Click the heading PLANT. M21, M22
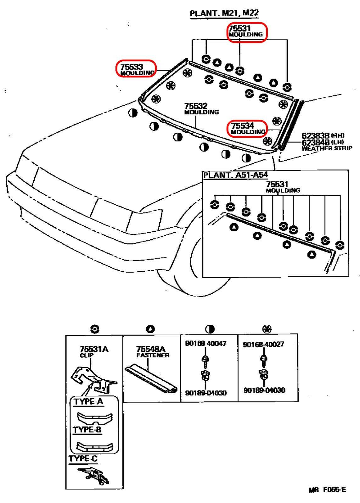click(x=224, y=14)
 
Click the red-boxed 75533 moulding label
click(x=136, y=69)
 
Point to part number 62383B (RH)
click(x=323, y=136)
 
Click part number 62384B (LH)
click(x=323, y=142)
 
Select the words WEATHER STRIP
click(x=327, y=148)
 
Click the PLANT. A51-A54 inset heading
click(x=235, y=175)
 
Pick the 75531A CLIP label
click(x=94, y=352)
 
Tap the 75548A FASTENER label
click(x=153, y=352)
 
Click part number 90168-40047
click(x=205, y=343)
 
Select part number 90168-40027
click(x=263, y=344)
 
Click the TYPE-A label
click(x=88, y=401)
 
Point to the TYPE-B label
click(x=87, y=429)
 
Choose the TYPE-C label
click(x=83, y=458)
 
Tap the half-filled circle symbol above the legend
click(x=210, y=329)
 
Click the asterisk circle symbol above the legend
click(x=267, y=329)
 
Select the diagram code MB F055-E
click(x=327, y=490)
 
